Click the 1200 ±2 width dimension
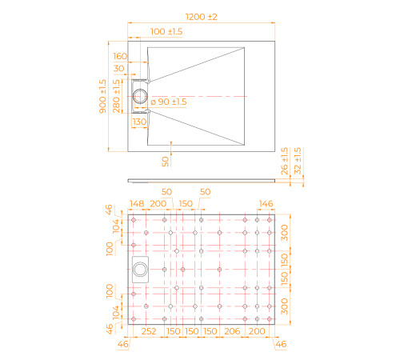click(x=202, y=17)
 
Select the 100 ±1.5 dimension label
click(x=166, y=31)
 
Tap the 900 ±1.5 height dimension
click(x=102, y=96)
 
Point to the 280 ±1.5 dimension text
click(x=116, y=96)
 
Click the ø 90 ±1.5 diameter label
click(x=169, y=102)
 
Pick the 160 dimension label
click(x=120, y=56)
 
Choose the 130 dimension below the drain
click(x=139, y=122)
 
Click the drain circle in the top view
click(x=140, y=96)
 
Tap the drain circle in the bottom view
click(x=140, y=270)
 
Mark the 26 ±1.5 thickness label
click(x=285, y=161)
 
